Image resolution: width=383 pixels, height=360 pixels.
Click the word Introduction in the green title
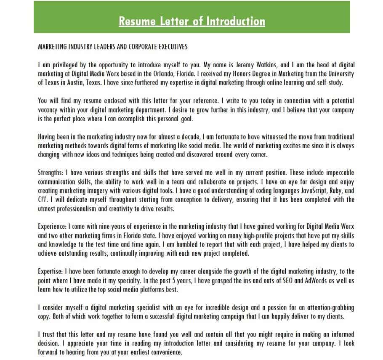click(234, 21)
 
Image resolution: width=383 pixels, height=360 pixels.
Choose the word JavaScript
click(305, 191)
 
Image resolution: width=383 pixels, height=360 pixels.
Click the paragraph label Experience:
click(52, 226)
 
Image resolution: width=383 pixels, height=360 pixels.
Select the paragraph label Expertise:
click(51, 271)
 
